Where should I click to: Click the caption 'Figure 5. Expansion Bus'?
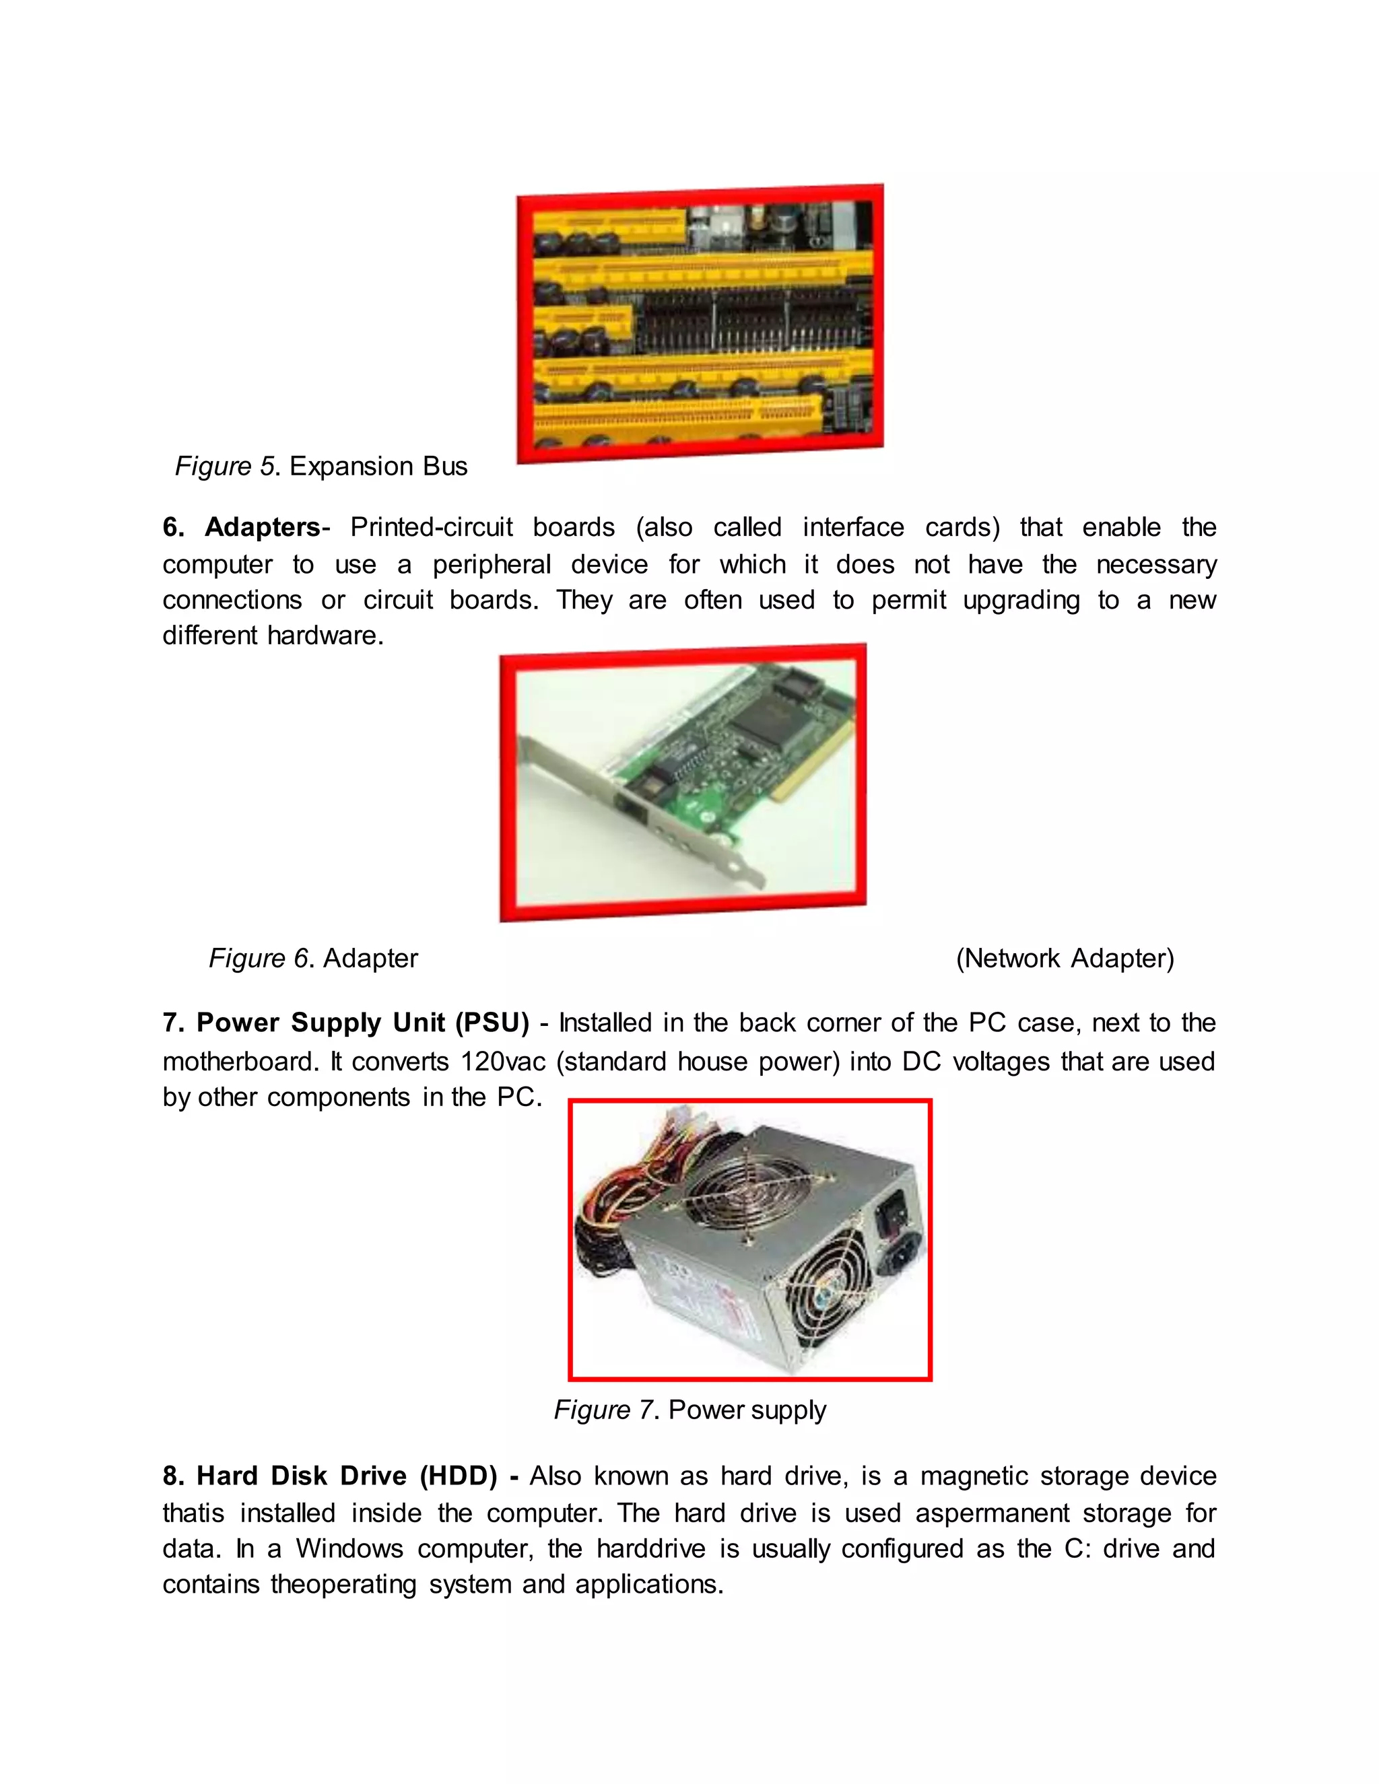[x=321, y=467]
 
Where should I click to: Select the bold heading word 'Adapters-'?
[x=267, y=528]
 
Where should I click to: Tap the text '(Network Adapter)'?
[x=1065, y=958]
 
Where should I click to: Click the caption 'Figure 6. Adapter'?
[x=313, y=958]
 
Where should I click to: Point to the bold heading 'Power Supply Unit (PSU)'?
[x=363, y=1023]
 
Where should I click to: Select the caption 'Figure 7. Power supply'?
[x=689, y=1410]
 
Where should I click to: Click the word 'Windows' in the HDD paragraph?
[x=349, y=1549]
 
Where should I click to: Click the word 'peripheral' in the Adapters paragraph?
[x=491, y=564]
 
